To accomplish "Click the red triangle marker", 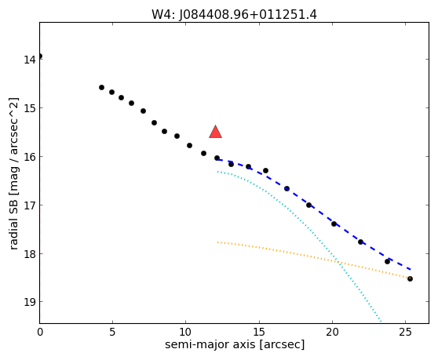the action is (x=215, y=133).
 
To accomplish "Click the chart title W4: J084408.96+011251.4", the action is (x=234, y=15).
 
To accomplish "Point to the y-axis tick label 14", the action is (x=29, y=60).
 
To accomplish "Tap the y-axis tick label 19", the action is (x=29, y=302).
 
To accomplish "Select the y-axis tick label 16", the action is (x=29, y=157).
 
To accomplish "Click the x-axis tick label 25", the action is (x=405, y=332).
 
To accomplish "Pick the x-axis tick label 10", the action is (x=186, y=332).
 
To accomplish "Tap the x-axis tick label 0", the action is (x=40, y=332).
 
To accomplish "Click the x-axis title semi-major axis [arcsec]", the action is (x=235, y=344).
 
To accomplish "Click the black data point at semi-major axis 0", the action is (x=40, y=56).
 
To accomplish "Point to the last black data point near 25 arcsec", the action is (x=410, y=278).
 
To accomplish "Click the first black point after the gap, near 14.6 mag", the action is (x=101, y=88).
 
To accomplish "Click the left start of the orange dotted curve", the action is (x=218, y=242).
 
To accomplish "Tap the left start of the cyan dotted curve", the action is (x=218, y=172).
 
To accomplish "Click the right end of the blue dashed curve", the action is (x=411, y=269).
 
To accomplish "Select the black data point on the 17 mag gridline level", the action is (x=308, y=205).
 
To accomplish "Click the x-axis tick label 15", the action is (x=259, y=332).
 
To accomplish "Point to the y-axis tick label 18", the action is (x=29, y=254).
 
